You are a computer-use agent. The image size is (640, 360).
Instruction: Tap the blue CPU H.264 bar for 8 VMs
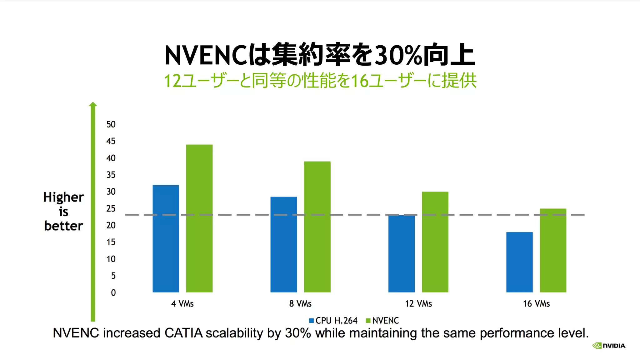283,244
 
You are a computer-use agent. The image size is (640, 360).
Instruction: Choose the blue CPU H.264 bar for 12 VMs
402,253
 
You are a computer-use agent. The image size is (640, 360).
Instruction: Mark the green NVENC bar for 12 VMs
435,242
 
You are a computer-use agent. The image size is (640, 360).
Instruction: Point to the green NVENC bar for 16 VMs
553,250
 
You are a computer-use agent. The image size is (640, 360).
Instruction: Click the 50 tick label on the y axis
111,124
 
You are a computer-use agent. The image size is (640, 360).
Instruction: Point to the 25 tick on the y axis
111,208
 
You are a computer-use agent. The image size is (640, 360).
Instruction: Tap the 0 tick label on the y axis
113,293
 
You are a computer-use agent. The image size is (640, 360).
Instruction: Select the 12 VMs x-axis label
418,304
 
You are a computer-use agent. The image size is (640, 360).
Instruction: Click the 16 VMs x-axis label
536,304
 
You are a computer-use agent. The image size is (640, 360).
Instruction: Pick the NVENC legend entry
382,321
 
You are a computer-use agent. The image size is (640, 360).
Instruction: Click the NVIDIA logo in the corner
609,346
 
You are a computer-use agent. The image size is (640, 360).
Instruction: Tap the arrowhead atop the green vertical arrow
93,104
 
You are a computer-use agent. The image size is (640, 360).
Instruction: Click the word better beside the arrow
63,226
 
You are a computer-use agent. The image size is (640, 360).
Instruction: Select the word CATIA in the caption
184,333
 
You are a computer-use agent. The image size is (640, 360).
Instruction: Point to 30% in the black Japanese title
398,56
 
